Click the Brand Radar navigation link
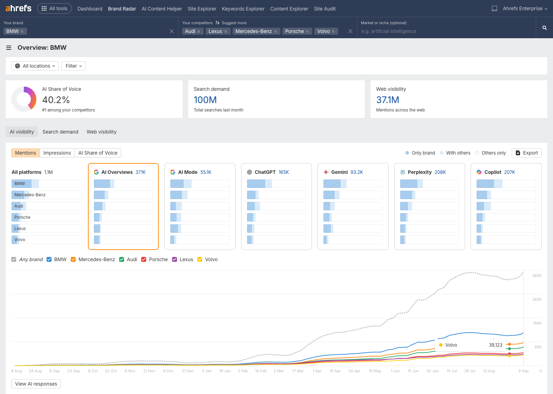122,9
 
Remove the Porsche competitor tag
307,32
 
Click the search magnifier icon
544,28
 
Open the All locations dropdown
35,66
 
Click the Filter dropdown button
74,66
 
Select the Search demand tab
60,132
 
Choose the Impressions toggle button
57,153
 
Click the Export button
526,153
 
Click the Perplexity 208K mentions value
440,172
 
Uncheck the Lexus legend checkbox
175,259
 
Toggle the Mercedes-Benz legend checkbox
73,259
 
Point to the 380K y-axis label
537,276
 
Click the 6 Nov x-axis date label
130,371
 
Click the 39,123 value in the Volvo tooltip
495,345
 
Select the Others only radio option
477,153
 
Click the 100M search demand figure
205,100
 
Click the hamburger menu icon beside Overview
9,48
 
